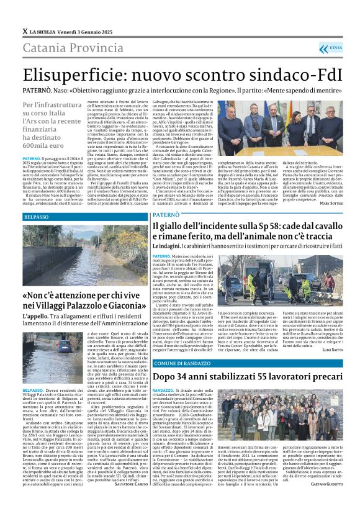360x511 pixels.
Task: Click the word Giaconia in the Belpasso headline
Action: (125, 305)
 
